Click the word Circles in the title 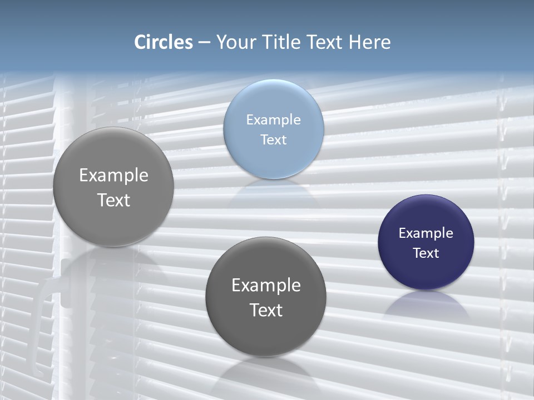(163, 42)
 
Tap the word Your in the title (235, 42)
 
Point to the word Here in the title (369, 42)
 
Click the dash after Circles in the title (204, 43)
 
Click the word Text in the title (324, 42)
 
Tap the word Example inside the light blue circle (274, 119)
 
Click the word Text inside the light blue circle (274, 139)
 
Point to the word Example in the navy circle (426, 233)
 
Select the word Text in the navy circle (426, 253)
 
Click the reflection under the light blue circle (274, 192)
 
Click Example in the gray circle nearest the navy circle (266, 285)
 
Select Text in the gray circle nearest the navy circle (266, 309)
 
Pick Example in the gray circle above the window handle (113, 175)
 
